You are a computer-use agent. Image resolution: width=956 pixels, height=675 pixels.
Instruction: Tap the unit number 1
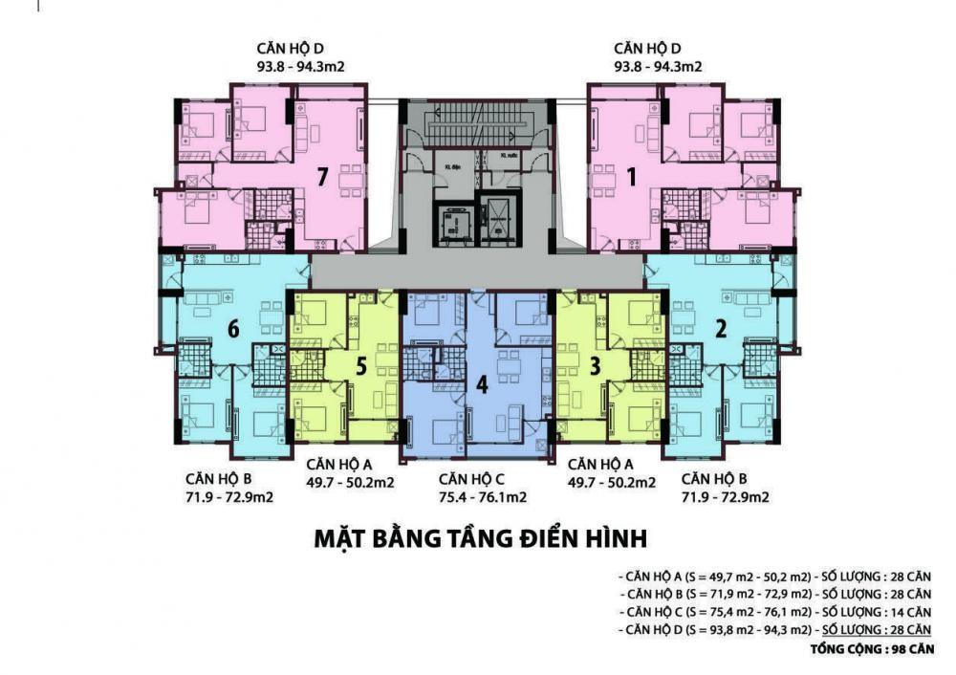[x=631, y=175]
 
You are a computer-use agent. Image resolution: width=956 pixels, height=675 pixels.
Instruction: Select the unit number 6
[x=233, y=328]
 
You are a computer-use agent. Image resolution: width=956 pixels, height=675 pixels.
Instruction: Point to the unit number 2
[x=722, y=328]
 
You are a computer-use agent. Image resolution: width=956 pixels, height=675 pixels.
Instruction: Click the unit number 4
[x=482, y=384]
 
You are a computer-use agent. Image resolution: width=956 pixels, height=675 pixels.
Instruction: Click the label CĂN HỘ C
[x=478, y=479]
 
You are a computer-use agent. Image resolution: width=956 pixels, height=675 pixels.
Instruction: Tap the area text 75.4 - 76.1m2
[x=482, y=497]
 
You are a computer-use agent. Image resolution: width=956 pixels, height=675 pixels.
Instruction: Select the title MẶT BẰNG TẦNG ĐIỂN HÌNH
[x=481, y=539]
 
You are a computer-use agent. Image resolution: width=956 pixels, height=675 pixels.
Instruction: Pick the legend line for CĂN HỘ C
[x=775, y=612]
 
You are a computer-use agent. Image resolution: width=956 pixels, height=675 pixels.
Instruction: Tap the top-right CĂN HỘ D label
[x=658, y=49]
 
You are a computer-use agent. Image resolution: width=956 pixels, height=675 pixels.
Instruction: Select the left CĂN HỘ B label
[x=219, y=479]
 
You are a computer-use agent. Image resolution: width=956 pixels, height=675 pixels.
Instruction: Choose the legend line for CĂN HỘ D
[x=775, y=629]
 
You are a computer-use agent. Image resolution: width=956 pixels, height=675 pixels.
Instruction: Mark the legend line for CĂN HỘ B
[x=775, y=595]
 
